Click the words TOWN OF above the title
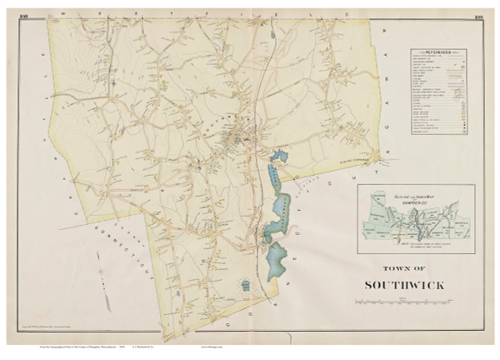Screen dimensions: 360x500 (x=405, y=269)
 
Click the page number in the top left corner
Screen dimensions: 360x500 (x=35, y=15)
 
